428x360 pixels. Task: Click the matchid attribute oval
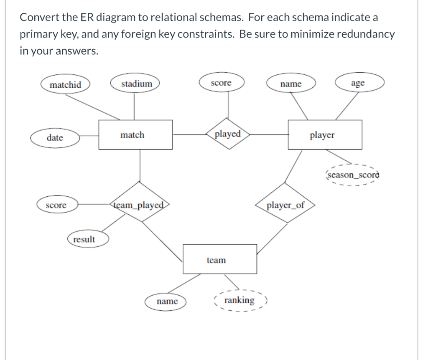click(66, 85)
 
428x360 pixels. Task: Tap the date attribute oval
click(55, 138)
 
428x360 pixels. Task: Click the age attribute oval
click(358, 83)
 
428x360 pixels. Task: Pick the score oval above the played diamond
click(221, 83)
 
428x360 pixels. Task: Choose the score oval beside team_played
click(56, 205)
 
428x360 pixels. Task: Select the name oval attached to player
click(291, 84)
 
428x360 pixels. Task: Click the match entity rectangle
click(135, 135)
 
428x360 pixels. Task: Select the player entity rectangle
click(325, 135)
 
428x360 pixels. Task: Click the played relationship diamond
click(228, 134)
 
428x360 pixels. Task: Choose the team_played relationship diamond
click(140, 205)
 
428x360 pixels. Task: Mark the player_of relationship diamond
click(285, 205)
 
